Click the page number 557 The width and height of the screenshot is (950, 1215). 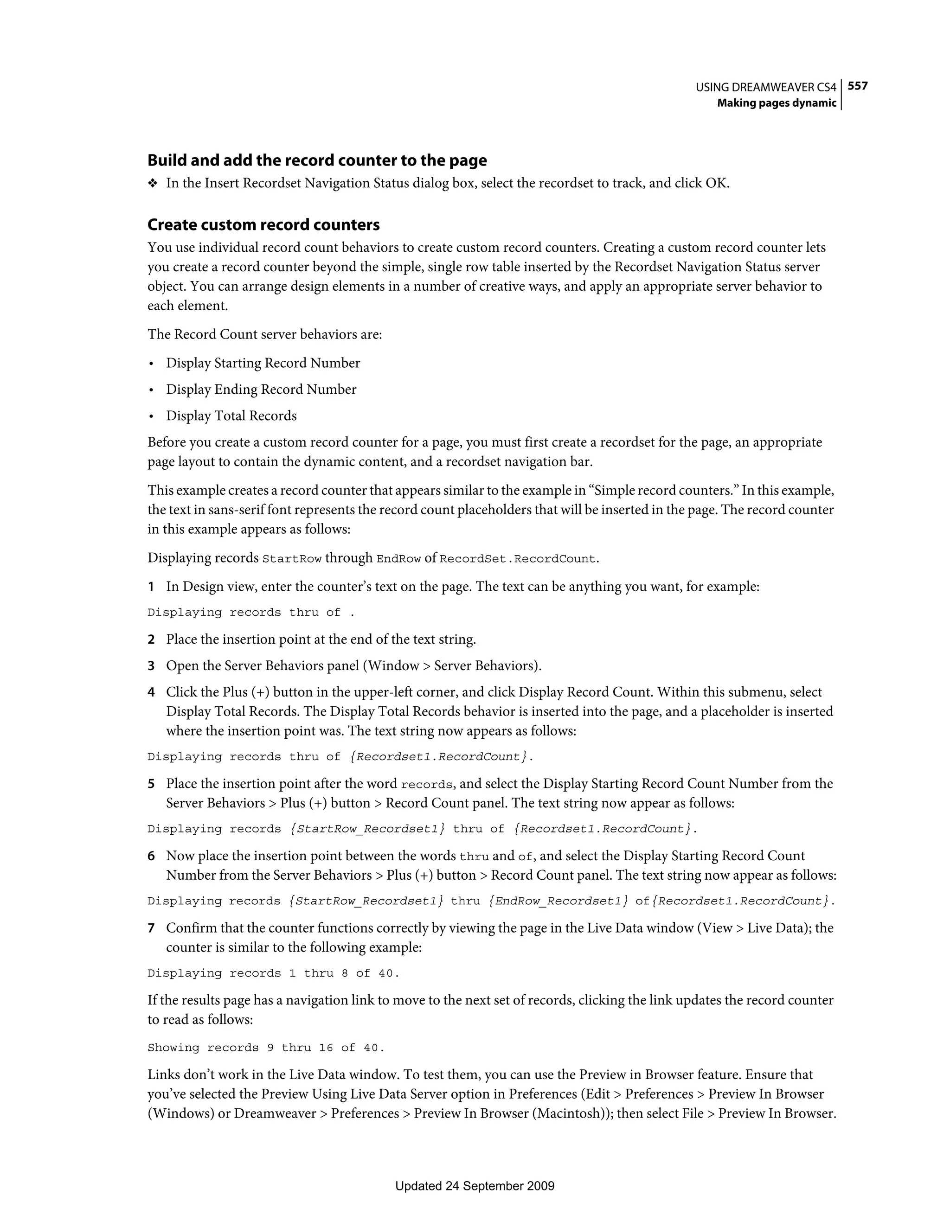tap(858, 86)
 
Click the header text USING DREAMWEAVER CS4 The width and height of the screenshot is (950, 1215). tap(766, 87)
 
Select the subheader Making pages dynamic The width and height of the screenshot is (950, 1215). tap(777, 103)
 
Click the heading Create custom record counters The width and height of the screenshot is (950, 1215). tap(263, 225)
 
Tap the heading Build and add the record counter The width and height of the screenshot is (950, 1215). tap(317, 160)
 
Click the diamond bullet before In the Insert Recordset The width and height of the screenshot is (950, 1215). tap(153, 184)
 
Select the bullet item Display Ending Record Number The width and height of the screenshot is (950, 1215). tap(261, 390)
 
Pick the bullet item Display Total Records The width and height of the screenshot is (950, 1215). tap(231, 416)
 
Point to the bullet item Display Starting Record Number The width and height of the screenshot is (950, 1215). tap(263, 363)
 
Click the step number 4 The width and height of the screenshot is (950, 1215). tap(151, 693)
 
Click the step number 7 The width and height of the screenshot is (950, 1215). tap(151, 928)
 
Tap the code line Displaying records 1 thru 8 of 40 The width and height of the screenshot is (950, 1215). tap(273, 973)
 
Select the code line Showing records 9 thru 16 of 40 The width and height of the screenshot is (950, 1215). tap(266, 1048)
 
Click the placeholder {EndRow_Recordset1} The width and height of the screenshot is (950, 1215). tap(558, 901)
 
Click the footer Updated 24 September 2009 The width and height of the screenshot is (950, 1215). tap(475, 1186)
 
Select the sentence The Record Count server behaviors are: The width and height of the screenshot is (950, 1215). tap(264, 334)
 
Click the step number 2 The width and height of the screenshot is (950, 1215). tap(151, 640)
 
